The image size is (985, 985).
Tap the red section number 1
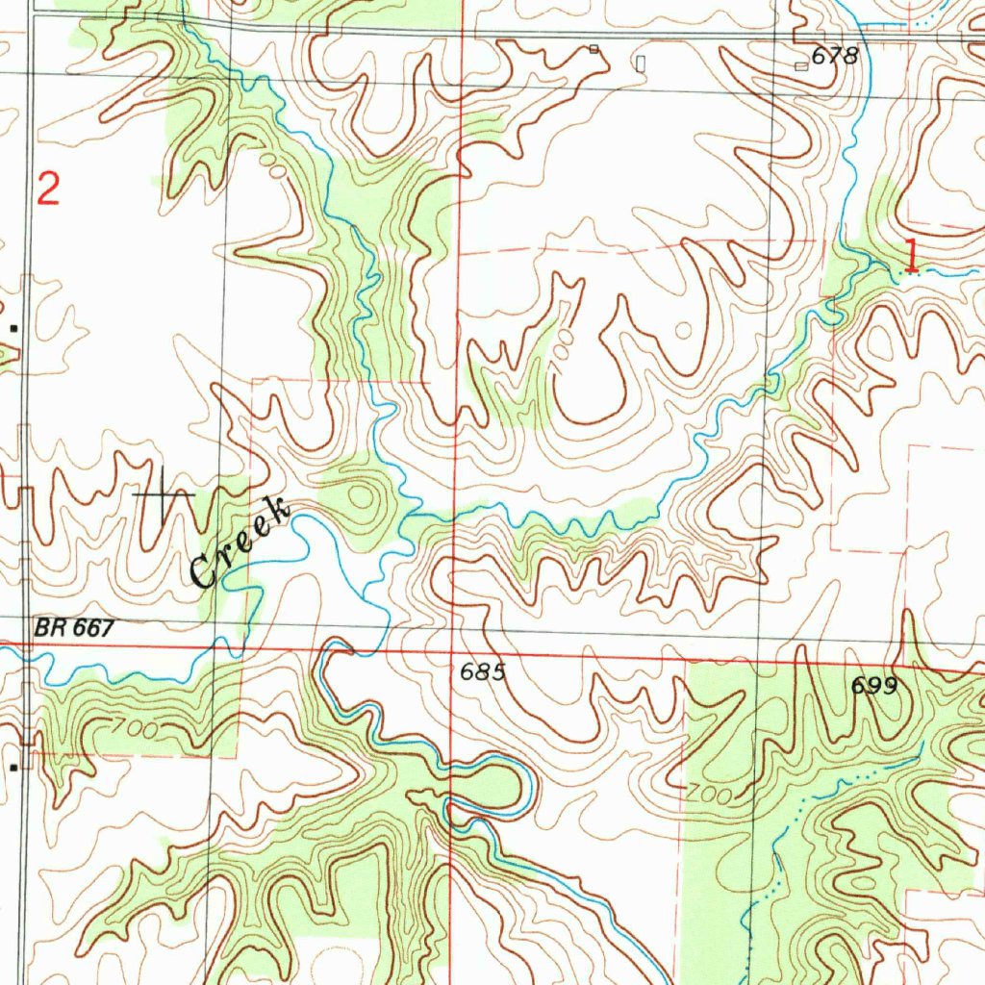(x=910, y=255)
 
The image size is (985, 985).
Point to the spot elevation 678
(x=834, y=57)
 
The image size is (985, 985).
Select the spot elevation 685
(x=482, y=672)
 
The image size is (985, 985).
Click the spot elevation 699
(x=873, y=686)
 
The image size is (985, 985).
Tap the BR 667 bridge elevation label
(x=75, y=628)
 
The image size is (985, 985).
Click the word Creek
(x=240, y=543)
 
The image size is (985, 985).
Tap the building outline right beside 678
(x=801, y=65)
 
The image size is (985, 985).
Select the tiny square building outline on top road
(x=594, y=48)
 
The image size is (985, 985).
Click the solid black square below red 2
(x=13, y=329)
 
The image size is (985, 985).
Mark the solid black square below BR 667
(x=13, y=768)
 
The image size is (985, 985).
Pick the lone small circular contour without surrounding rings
(x=683, y=330)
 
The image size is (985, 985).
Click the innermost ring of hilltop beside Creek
(x=362, y=497)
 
